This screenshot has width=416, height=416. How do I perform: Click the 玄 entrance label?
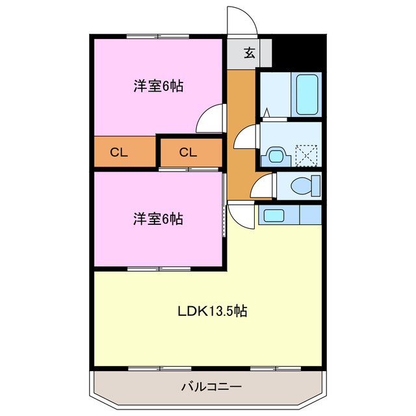249,53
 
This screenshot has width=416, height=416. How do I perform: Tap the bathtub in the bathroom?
306,95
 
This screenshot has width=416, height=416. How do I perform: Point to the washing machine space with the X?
305,155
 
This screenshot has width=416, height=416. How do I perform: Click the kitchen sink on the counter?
274,215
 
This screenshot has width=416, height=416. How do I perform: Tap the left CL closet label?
118,153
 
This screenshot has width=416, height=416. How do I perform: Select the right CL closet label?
188,153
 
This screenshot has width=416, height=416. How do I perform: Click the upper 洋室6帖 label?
158,86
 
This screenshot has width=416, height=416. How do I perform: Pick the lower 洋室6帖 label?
158,218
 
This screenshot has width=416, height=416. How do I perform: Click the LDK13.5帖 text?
212,311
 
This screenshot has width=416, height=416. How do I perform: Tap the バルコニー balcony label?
210,387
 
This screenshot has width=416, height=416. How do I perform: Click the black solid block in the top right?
303,50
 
